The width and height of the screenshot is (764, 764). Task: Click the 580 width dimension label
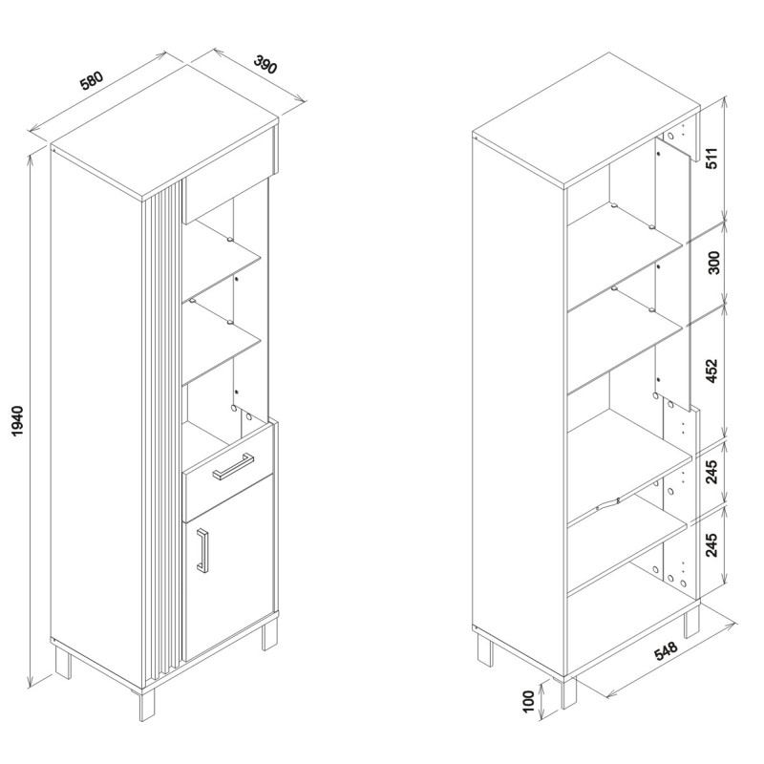point(92,81)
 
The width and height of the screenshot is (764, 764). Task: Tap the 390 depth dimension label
point(265,64)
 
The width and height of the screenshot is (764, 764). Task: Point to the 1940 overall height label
point(17,420)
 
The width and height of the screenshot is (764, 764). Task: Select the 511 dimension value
point(712,158)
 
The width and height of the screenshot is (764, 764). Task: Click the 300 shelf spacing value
point(713,263)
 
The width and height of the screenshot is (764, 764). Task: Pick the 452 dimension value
point(712,371)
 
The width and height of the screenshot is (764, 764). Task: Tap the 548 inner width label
point(666,651)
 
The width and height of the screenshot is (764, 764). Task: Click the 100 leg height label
point(529,701)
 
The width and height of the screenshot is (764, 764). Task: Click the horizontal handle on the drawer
point(233,466)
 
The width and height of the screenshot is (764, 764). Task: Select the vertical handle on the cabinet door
point(202,550)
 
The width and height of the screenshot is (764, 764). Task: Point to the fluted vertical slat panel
point(163,433)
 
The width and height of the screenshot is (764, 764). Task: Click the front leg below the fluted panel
point(147,705)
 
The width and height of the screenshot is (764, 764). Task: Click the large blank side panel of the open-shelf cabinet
point(518,407)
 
